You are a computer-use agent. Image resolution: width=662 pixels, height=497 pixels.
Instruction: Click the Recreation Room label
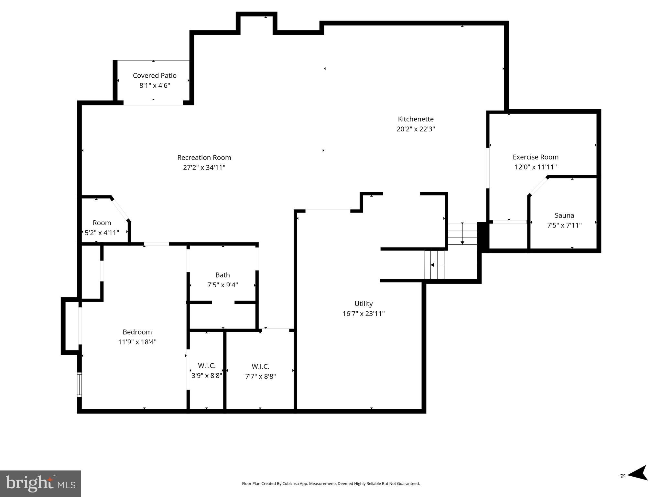pyautogui.click(x=204, y=158)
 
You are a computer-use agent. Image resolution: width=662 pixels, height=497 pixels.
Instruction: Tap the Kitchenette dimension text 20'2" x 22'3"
pyautogui.click(x=416, y=129)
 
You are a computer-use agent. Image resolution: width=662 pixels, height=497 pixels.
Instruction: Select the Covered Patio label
pyautogui.click(x=155, y=76)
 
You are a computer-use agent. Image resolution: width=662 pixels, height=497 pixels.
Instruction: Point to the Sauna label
pyautogui.click(x=564, y=215)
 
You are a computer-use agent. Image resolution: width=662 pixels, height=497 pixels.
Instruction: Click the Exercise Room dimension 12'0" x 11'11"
pyautogui.click(x=536, y=167)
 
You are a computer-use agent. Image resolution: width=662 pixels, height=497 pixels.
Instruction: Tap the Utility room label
pyautogui.click(x=364, y=304)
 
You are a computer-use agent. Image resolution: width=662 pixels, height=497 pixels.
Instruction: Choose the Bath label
pyautogui.click(x=222, y=275)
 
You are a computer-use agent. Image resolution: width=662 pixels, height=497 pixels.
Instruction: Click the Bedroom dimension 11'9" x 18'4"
pyautogui.click(x=137, y=342)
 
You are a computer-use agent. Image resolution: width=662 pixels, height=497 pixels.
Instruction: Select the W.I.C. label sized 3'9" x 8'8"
pyautogui.click(x=207, y=366)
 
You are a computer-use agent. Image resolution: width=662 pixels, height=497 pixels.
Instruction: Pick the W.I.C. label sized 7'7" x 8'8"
pyautogui.click(x=260, y=366)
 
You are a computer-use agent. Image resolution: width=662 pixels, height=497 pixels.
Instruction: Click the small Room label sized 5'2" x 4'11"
pyautogui.click(x=102, y=223)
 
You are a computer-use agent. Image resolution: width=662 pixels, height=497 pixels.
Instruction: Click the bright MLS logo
pyautogui.click(x=40, y=483)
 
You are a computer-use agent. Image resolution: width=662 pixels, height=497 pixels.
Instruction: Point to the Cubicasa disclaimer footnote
pyautogui.click(x=331, y=484)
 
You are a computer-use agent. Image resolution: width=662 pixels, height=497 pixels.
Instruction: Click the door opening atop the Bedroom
pyautogui.click(x=157, y=244)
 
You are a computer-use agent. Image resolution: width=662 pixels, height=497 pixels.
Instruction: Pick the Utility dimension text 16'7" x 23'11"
pyautogui.click(x=364, y=314)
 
